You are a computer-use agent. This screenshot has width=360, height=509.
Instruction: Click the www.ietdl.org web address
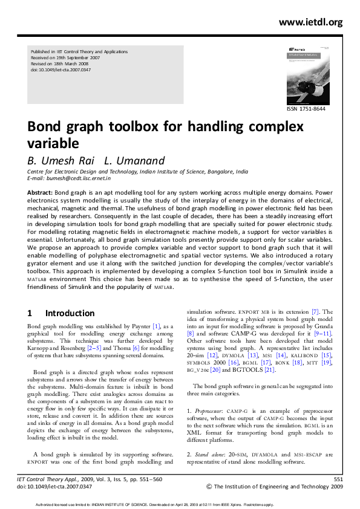(x=310, y=22)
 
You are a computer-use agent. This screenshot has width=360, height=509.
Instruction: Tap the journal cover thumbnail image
(x=305, y=74)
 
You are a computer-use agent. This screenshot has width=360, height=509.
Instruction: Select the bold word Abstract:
(x=40, y=192)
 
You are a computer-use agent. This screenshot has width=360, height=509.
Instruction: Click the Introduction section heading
(x=70, y=313)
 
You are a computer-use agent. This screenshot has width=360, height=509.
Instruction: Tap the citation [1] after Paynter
(x=156, y=326)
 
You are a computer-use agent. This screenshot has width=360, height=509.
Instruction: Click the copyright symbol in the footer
(x=209, y=486)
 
